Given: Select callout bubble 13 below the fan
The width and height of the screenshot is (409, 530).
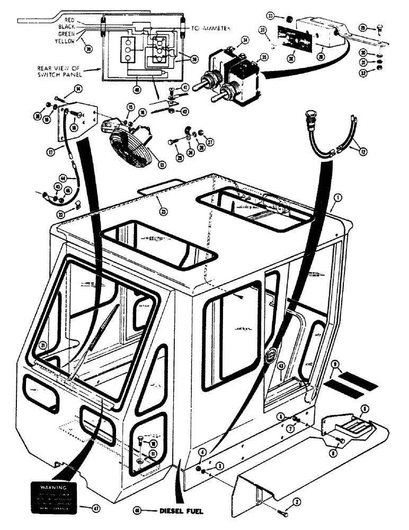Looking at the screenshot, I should (162, 165).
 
